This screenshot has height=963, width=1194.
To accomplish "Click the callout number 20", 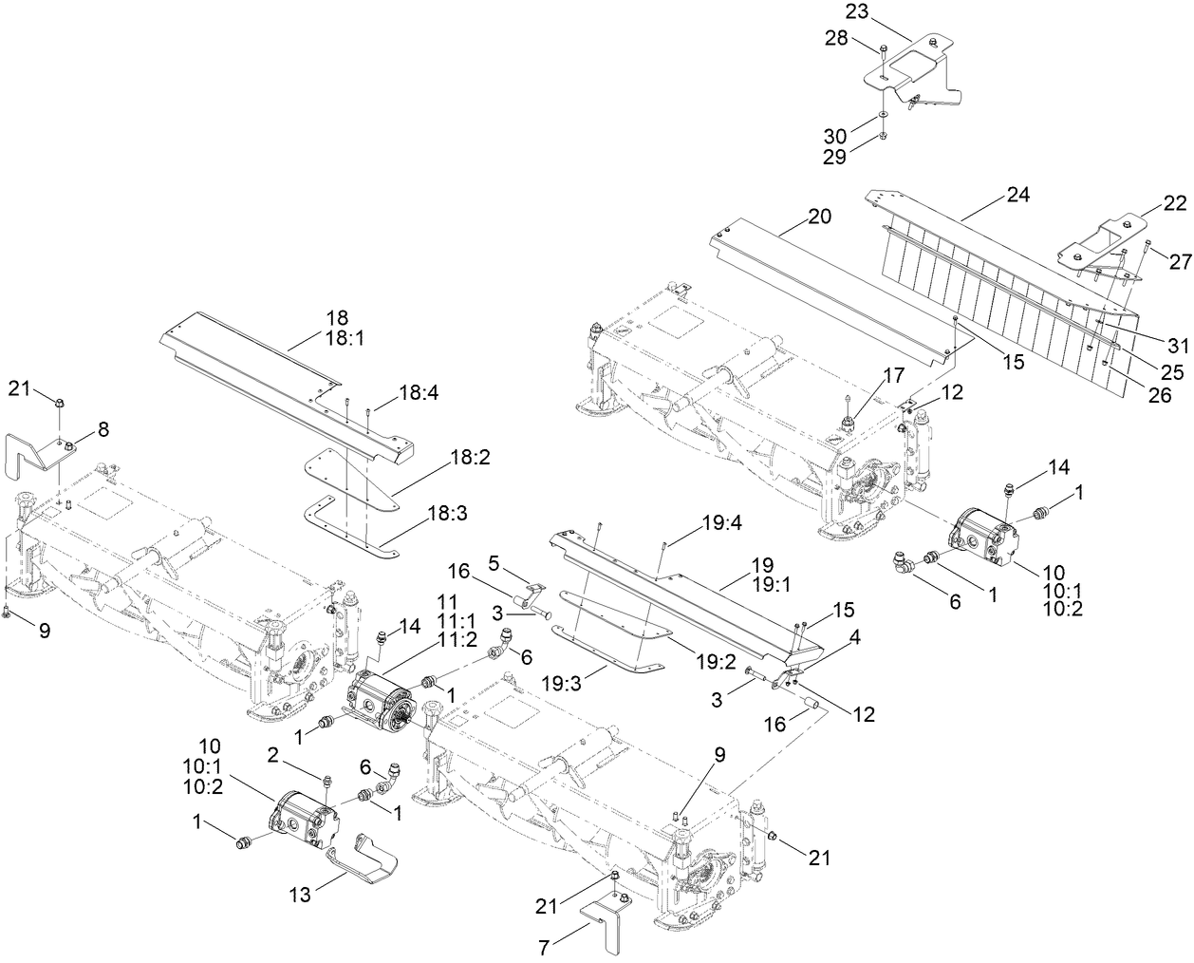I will [819, 217].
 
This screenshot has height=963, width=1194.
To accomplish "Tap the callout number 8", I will [103, 429].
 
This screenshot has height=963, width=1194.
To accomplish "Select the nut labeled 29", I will [883, 137].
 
